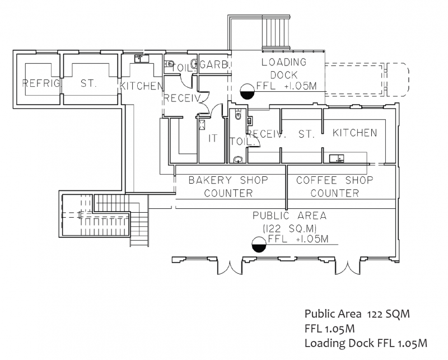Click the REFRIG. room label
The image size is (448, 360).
pyautogui.click(x=41, y=83)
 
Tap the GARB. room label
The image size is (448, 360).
pyautogui.click(x=214, y=64)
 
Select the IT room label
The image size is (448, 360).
pyautogui.click(x=213, y=138)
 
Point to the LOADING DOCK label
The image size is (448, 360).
pyautogui.click(x=284, y=68)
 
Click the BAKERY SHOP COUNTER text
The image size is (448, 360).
pyautogui.click(x=228, y=187)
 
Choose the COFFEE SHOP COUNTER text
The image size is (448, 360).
pyautogui.click(x=335, y=187)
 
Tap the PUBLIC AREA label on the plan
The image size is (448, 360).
pyautogui.click(x=290, y=216)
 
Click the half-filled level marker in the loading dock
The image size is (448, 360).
pyautogui.click(x=247, y=91)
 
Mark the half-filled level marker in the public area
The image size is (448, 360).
pyautogui.click(x=259, y=245)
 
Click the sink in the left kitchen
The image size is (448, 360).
pyautogui.click(x=142, y=59)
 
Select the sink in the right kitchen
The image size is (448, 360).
pyautogui.click(x=337, y=158)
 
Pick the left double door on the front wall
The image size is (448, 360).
pyautogui.click(x=230, y=267)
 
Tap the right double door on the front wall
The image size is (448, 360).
pyautogui.click(x=347, y=267)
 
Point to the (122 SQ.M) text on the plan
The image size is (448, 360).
pyautogui.click(x=290, y=228)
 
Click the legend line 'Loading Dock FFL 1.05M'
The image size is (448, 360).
pyautogui.click(x=366, y=343)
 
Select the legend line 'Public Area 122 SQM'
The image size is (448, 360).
pyautogui.click(x=357, y=314)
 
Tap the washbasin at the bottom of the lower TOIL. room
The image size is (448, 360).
pyautogui.click(x=237, y=160)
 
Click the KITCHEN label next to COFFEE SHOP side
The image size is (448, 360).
pyautogui.click(x=355, y=133)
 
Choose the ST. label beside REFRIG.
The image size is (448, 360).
pyautogui.click(x=88, y=83)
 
